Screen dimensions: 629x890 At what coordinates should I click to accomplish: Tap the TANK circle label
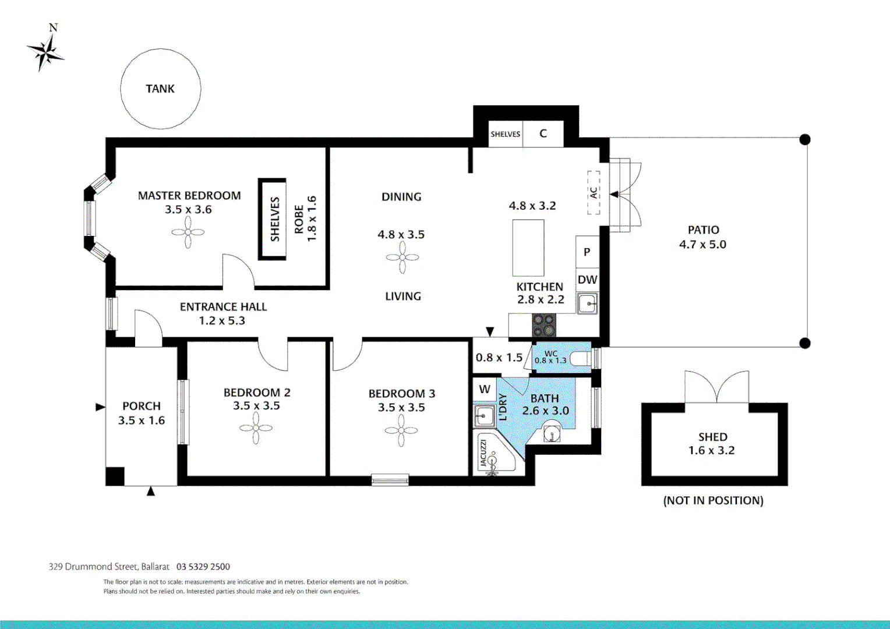[x=160, y=89]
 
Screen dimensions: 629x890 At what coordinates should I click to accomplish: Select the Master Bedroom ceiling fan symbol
[x=188, y=233]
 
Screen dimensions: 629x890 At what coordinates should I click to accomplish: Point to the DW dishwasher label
[x=587, y=280]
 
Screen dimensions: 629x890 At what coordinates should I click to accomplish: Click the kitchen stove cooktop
[x=544, y=326]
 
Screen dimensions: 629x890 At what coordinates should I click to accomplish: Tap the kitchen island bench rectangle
[x=528, y=248]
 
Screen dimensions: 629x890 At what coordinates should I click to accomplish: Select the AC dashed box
[x=593, y=192]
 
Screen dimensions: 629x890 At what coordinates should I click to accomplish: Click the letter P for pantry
[x=587, y=252]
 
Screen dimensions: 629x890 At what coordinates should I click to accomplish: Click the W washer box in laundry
[x=485, y=389]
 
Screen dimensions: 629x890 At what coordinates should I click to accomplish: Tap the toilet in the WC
[x=580, y=358]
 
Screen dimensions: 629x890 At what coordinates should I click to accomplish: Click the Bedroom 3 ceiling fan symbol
[x=401, y=431]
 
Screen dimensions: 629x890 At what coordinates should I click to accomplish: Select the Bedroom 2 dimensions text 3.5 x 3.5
[x=256, y=406]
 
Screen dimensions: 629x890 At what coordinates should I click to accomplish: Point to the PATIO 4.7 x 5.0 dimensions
[x=702, y=245]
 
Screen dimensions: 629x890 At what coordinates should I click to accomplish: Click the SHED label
[x=712, y=437]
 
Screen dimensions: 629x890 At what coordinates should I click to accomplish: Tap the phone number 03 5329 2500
[x=203, y=567]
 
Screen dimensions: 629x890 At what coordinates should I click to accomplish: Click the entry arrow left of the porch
[x=100, y=407]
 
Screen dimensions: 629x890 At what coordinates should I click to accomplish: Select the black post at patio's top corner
[x=805, y=139]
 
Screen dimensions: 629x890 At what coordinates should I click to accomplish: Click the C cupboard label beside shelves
[x=543, y=134]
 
